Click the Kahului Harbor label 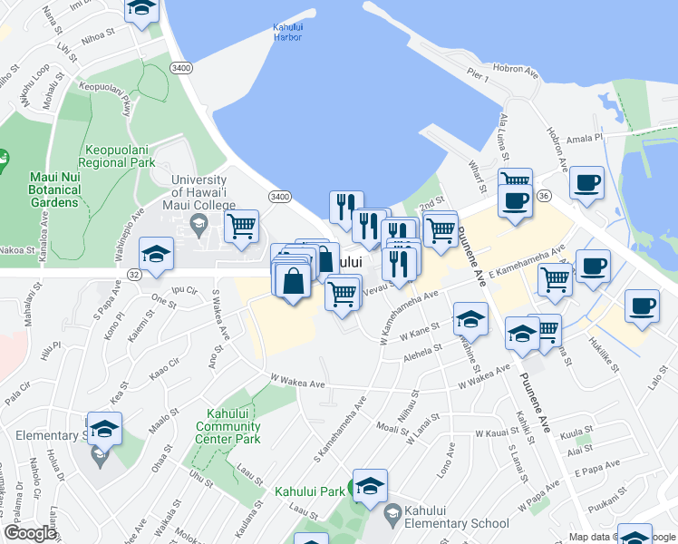pos(287,33)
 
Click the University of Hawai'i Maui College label pos(204,193)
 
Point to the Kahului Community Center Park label pos(228,426)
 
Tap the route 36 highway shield pos(544,195)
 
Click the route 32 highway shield pos(133,273)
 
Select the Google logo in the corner pos(31,533)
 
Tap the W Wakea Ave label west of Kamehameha pos(297,383)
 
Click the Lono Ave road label pos(445,460)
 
